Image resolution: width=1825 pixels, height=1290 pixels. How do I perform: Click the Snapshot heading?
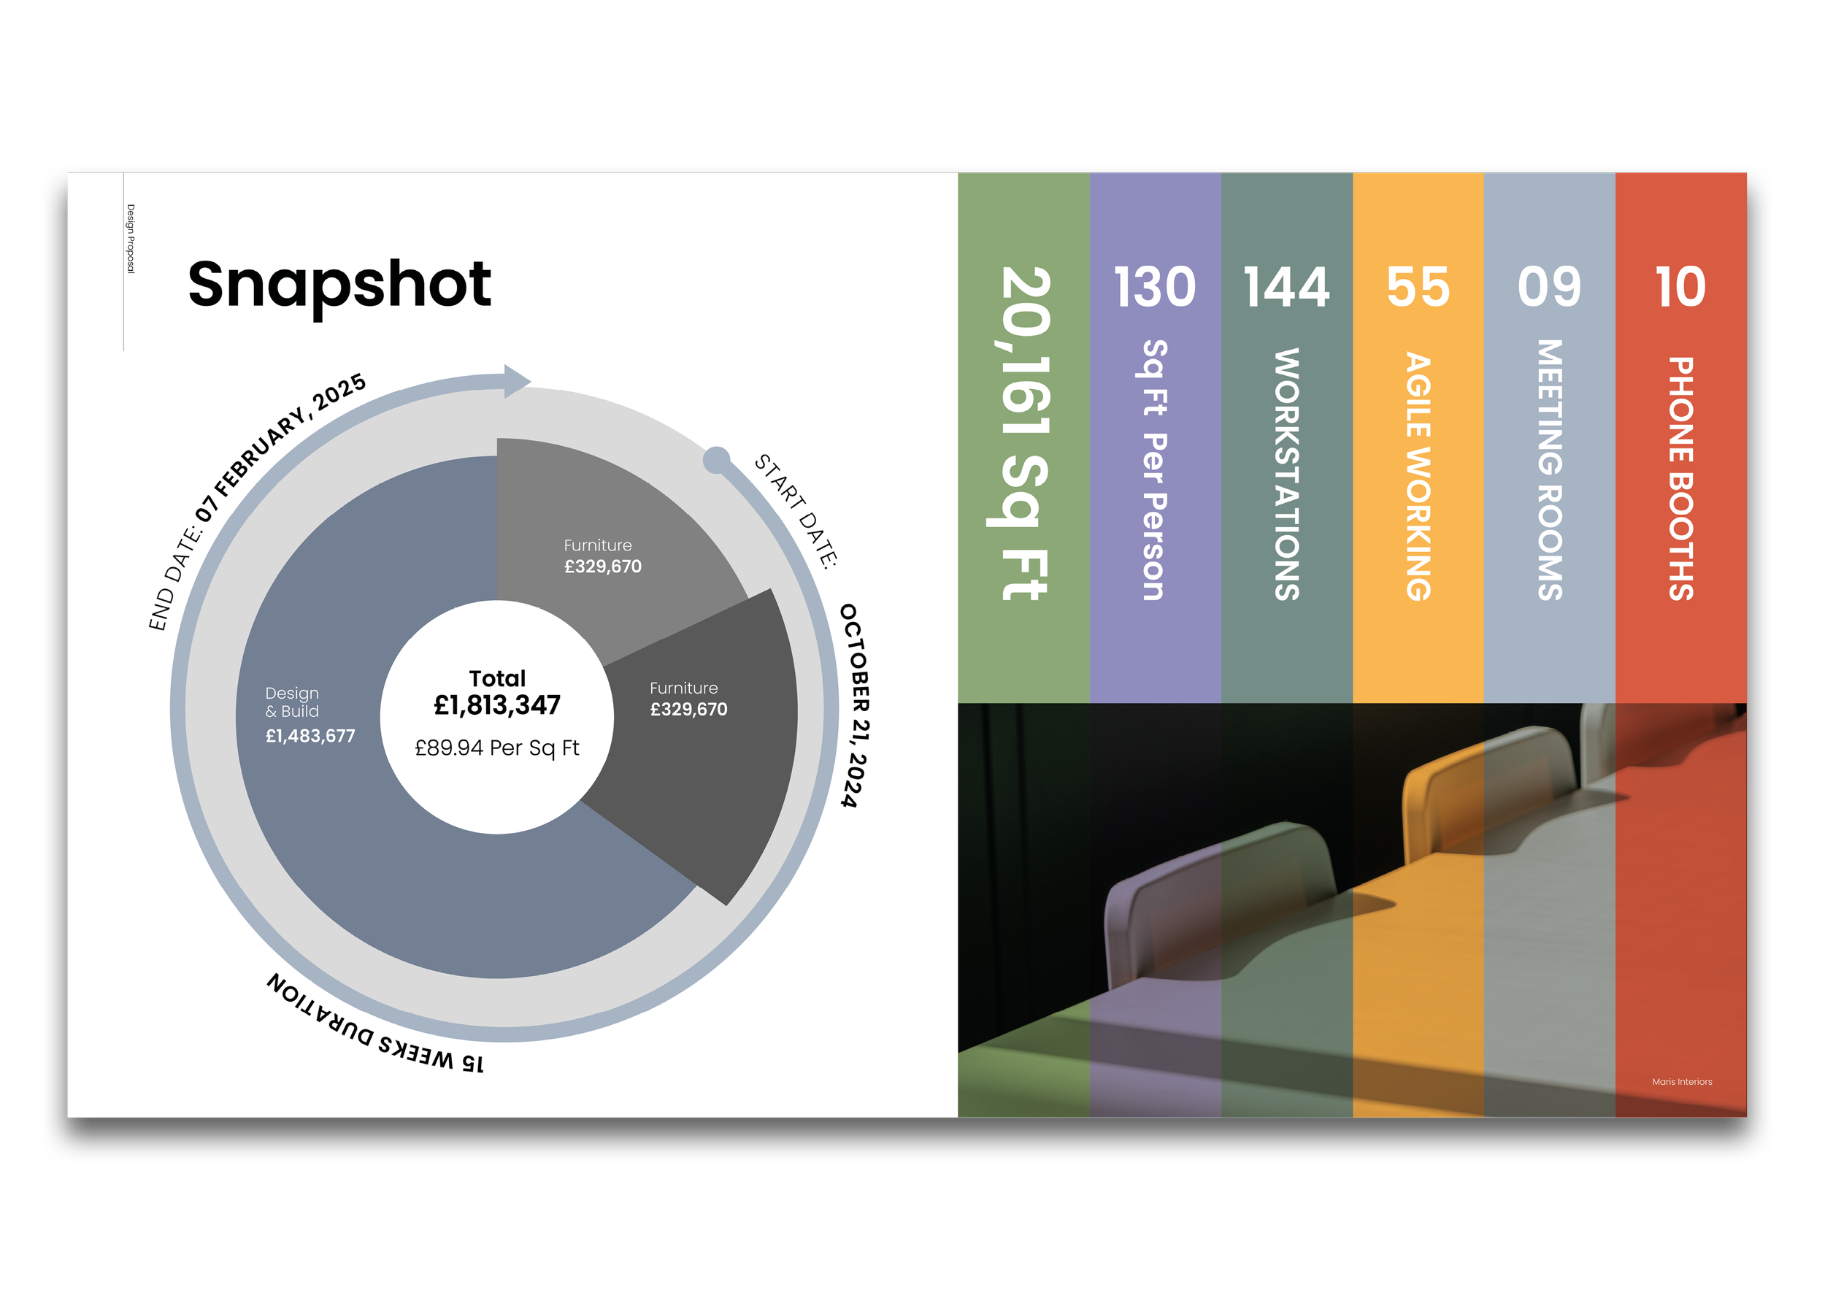coord(339,285)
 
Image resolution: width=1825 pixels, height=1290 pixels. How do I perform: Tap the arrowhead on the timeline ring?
coord(516,382)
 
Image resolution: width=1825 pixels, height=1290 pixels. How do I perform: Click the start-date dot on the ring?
coord(716,459)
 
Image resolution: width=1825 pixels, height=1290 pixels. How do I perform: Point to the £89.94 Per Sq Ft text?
coord(497,748)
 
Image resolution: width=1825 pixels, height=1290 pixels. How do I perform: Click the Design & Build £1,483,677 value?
coord(310,736)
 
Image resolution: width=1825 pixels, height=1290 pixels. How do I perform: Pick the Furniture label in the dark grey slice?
coord(683,688)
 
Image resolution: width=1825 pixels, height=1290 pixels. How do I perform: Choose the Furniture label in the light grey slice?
coord(598,545)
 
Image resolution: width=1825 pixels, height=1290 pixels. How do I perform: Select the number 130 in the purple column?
coord(1154,287)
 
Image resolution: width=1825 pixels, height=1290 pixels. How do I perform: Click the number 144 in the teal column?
coord(1286,287)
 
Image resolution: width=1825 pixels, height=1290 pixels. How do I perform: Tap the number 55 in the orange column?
coord(1418,287)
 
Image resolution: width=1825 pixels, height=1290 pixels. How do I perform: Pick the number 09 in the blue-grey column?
coord(1549,287)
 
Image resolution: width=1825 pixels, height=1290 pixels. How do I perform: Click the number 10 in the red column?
coord(1680,287)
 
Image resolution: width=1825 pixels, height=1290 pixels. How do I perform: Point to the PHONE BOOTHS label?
coord(1680,477)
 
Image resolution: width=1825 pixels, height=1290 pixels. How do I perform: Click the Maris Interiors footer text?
coord(1682,1082)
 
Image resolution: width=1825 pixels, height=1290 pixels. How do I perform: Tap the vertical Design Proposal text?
coord(131,239)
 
